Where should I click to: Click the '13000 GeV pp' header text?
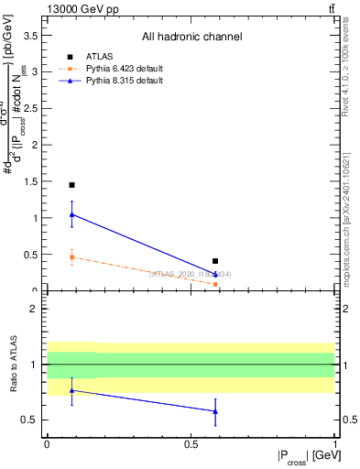coord(78,8)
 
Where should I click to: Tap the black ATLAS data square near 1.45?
coord(71,185)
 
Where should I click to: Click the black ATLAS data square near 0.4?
coord(215,261)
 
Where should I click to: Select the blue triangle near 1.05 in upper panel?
coord(71,214)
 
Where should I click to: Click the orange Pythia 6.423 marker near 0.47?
coord(71,257)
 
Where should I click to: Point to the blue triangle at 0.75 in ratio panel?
coord(71,390)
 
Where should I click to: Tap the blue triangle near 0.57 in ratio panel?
coord(215,411)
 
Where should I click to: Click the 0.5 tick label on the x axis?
coord(191,443)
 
